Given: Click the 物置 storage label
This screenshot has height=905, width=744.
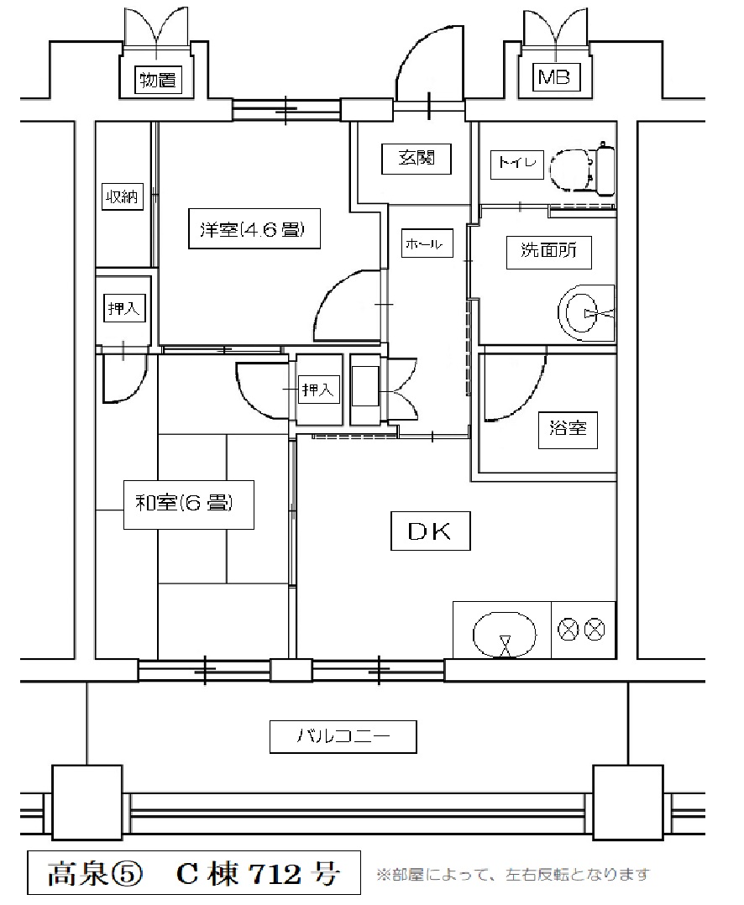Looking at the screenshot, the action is tap(158, 80).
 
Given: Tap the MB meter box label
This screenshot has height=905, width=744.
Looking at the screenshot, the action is tap(554, 76).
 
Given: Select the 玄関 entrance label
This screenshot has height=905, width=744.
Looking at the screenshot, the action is tap(417, 158).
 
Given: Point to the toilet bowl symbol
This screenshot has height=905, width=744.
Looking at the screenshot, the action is tap(582, 170).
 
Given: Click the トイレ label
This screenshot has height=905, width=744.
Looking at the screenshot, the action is tap(516, 162).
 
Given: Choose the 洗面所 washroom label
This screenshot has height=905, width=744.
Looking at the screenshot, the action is tap(549, 252).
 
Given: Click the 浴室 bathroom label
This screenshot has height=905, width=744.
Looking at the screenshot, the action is tap(568, 429).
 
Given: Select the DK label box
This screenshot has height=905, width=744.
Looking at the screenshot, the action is tap(430, 531).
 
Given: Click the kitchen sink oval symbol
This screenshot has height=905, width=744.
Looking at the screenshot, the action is tap(505, 634).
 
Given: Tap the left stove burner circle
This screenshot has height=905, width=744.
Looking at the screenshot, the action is tap(568, 629).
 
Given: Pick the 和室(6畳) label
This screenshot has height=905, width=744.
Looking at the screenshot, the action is tap(188, 504).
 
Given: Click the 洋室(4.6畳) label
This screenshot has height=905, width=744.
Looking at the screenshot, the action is tap(254, 228).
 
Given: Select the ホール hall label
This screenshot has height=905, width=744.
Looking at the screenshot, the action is tap(427, 243).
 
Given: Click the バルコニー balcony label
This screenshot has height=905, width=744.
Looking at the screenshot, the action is tap(343, 736).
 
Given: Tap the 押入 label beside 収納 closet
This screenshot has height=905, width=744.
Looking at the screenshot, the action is tap(123, 309).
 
